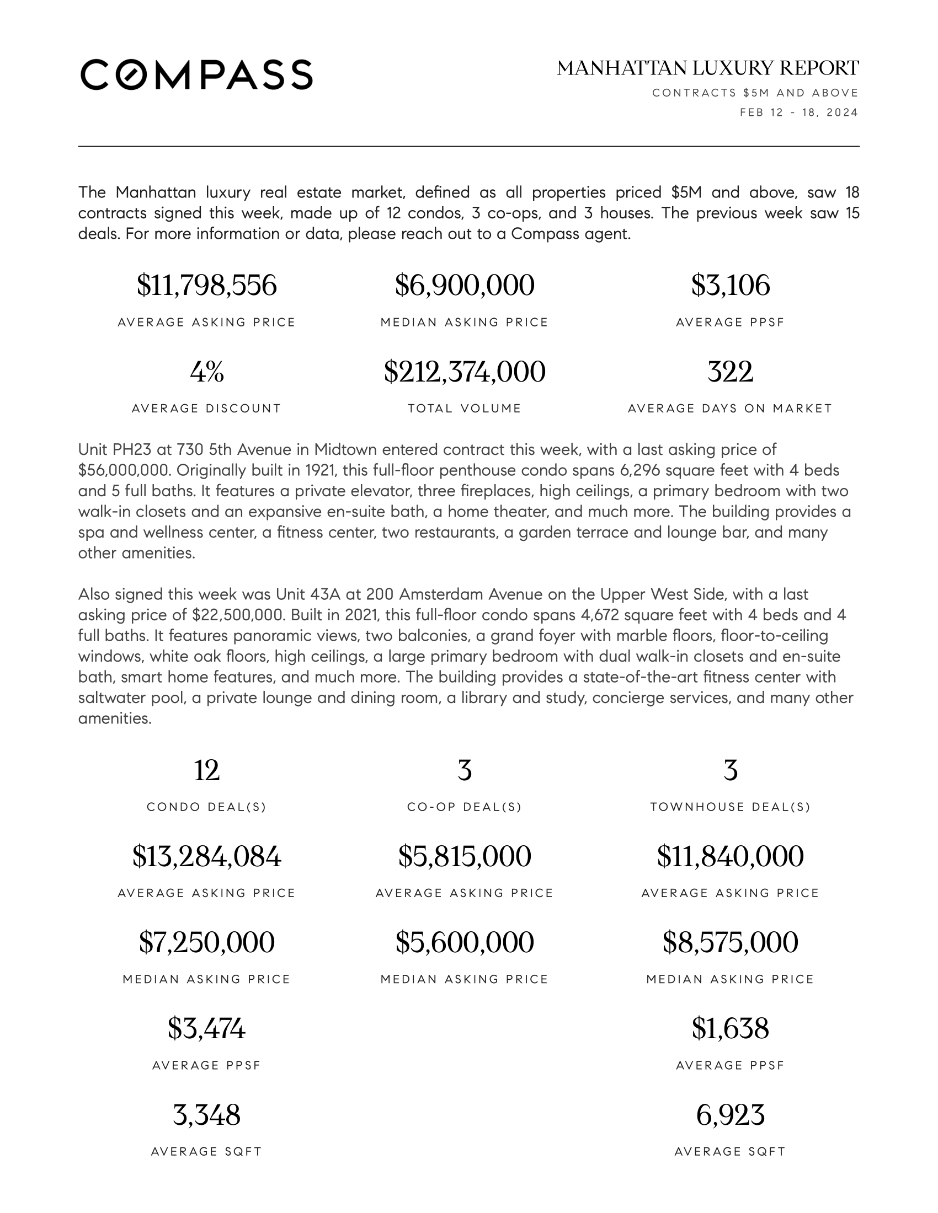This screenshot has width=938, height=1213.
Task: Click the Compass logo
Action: click(196, 74)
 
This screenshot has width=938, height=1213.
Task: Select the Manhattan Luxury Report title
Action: click(707, 68)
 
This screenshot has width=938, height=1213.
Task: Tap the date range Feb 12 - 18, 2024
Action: click(798, 112)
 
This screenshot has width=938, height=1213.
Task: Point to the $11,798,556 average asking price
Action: click(206, 286)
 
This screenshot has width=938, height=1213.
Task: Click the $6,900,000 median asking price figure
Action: click(464, 286)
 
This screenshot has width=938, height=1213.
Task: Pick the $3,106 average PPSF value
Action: click(730, 286)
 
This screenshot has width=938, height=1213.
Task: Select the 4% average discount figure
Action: click(206, 372)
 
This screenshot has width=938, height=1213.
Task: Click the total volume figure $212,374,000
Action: click(464, 372)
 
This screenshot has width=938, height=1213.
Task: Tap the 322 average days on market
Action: click(730, 372)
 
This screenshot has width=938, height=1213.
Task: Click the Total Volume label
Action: click(464, 409)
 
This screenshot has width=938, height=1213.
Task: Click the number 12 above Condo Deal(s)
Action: click(206, 770)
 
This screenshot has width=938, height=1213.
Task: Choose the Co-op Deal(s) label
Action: click(464, 807)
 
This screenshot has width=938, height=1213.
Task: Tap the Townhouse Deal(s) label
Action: click(730, 807)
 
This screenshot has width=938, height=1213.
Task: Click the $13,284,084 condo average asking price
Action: click(206, 856)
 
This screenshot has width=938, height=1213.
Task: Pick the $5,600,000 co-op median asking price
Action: click(464, 942)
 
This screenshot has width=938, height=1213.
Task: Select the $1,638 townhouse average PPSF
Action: click(730, 1029)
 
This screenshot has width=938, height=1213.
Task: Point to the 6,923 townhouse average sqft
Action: click(730, 1115)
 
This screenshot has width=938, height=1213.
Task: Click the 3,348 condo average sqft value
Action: click(206, 1115)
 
